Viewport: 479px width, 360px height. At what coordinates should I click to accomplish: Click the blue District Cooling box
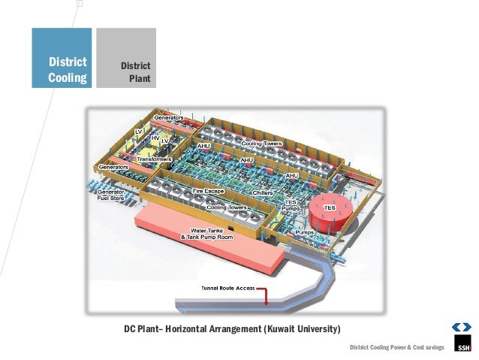point(62,59)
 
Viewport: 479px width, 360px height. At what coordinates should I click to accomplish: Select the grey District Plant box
point(126,59)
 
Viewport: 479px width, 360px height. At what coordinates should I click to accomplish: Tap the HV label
point(155,138)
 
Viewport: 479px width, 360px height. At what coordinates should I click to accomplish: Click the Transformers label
point(155,159)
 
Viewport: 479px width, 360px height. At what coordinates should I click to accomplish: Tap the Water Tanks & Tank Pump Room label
point(207,233)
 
